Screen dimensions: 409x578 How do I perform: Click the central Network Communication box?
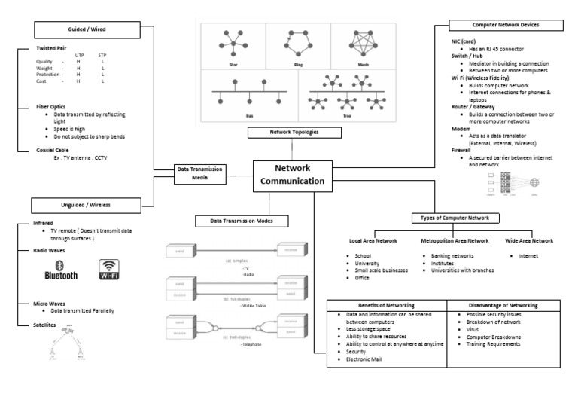pyautogui.click(x=292, y=174)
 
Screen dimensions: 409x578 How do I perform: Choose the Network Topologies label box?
pyautogui.click(x=294, y=133)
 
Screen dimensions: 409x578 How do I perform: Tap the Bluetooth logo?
pyautogui.click(x=62, y=270)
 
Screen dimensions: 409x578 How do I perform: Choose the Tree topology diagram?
pyautogui.click(x=351, y=94)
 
